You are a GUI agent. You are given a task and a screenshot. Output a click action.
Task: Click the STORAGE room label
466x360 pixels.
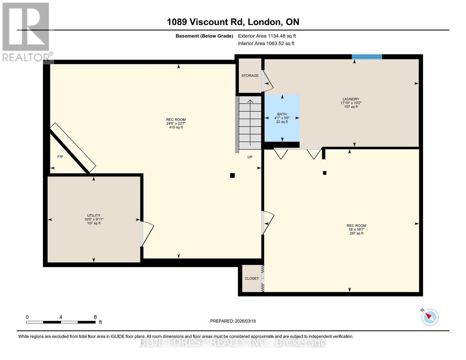pos(250,76)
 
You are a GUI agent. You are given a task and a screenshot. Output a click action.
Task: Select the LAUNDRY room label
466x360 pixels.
pos(351,99)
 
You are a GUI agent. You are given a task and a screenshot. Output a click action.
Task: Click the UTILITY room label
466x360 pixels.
pos(94,216)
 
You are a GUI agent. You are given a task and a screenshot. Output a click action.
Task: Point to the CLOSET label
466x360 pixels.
pos(251,278)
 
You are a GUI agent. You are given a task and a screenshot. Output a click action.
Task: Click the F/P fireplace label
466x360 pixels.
pos(60,157)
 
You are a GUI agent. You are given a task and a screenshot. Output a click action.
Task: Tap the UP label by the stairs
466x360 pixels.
pos(250,157)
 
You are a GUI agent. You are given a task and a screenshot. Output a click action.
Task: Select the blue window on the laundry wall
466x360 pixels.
pos(367,57)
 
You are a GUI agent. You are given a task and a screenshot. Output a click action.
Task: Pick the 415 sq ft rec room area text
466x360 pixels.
pos(176,127)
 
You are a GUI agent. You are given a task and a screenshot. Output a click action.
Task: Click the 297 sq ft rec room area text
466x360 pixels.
pos(356,233)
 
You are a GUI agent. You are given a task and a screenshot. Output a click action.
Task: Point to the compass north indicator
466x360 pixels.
pos(430,317)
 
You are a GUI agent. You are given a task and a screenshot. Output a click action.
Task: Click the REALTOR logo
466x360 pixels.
pos(26,31)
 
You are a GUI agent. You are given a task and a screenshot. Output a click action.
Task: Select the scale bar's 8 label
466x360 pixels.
pos(95,317)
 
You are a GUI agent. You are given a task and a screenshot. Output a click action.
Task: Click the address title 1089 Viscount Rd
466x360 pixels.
pos(233,22)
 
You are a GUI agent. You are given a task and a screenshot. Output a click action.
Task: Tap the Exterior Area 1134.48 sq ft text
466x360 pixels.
pos(267,36)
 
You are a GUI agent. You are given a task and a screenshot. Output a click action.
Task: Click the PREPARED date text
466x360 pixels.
pos(233,321)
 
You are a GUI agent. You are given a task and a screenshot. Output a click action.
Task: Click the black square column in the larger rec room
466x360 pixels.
pos(232,175)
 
